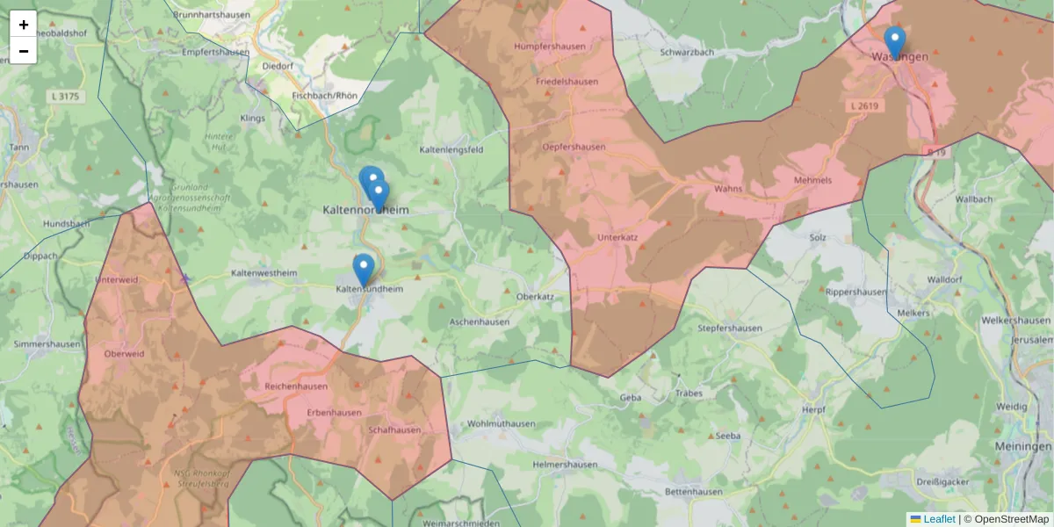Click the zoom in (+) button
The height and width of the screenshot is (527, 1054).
coord(24,25)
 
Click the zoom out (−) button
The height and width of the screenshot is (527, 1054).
coord(24,51)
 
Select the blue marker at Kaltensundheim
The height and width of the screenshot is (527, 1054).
coord(363,269)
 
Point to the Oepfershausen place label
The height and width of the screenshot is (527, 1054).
coord(574,147)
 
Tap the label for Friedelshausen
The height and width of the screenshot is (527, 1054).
coord(567,82)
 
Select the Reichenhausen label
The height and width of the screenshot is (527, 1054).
coord(296,386)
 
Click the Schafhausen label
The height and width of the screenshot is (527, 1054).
coord(394,430)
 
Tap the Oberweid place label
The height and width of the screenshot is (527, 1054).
coord(124,353)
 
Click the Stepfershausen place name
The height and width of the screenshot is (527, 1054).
coord(729,328)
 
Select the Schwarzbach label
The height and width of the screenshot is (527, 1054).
coord(686,53)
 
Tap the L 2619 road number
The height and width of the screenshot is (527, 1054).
coord(864,105)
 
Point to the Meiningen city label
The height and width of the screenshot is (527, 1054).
coord(1023,446)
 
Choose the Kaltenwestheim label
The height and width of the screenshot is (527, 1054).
coord(263,273)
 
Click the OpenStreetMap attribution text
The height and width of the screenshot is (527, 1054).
coord(1006,519)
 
